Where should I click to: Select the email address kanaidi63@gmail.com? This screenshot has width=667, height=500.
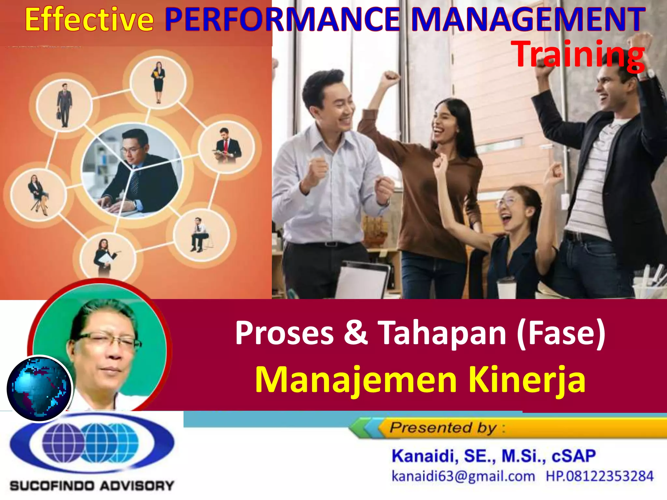click(463, 476)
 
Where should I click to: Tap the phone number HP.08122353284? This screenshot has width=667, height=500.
click(600, 476)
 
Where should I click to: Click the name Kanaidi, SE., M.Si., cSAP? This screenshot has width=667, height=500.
click(493, 456)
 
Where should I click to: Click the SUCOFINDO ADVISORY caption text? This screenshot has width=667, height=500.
click(92, 486)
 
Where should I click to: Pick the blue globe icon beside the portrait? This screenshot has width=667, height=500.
click(39, 388)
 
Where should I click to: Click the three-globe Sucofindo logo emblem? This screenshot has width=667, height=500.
click(92, 443)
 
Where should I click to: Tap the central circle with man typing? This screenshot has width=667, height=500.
click(132, 171)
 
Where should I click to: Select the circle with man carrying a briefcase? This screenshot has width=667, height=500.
click(64, 105)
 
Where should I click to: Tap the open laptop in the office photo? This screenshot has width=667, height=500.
click(362, 280)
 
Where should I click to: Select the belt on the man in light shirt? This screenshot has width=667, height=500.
click(326, 244)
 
